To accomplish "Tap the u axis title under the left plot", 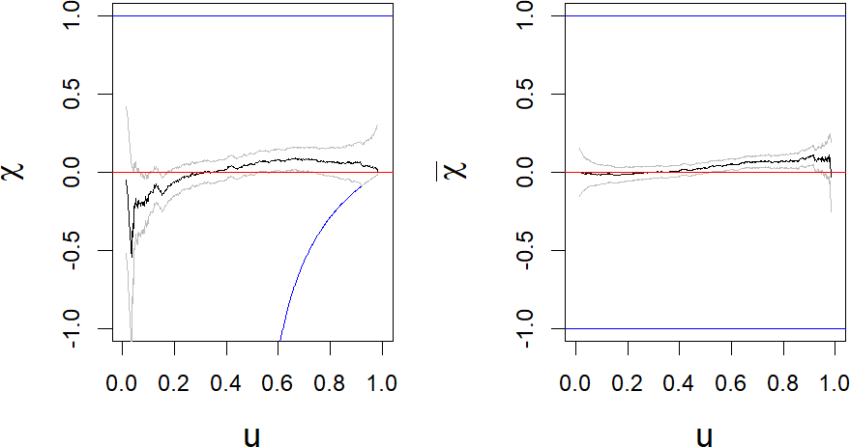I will pos(251,435).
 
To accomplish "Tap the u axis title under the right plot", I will pos(704,435).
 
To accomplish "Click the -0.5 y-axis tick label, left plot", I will pos(73,250).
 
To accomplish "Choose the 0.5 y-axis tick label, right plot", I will pos(526,94).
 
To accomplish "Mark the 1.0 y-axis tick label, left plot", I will pos(73,16).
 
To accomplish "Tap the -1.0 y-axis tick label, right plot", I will pos(526,328).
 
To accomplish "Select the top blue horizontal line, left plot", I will pos(251,16).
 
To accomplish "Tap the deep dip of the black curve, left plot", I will pos(132,253).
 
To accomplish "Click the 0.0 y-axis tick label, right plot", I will pos(526,172).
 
